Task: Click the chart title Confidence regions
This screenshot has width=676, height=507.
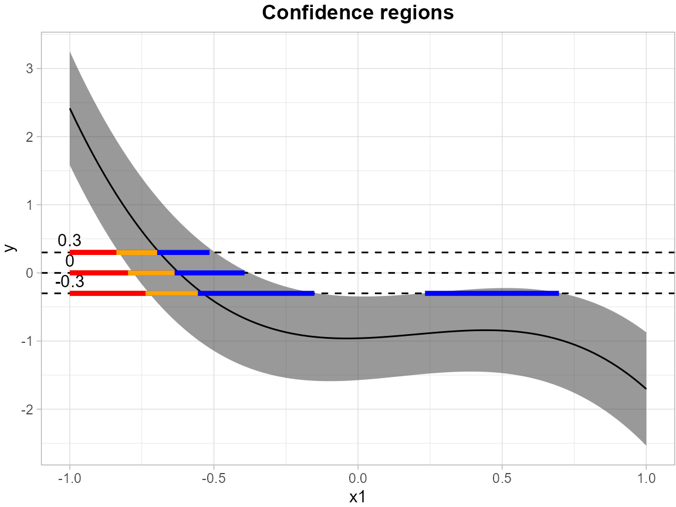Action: click(x=358, y=13)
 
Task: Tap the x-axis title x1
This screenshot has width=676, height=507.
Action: click(x=358, y=497)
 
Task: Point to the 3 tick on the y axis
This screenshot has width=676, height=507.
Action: click(x=29, y=69)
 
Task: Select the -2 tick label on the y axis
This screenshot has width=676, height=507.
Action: click(x=27, y=409)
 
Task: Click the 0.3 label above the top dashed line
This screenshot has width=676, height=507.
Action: click(x=69, y=240)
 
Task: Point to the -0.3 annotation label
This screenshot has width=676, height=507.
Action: click(x=69, y=282)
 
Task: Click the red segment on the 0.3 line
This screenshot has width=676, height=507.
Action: click(x=93, y=253)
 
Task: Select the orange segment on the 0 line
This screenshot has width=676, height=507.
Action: click(x=151, y=273)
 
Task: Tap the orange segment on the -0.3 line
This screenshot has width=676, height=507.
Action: click(x=171, y=293)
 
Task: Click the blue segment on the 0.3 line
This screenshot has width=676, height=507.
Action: click(x=183, y=253)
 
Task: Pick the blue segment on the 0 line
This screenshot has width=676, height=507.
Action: click(x=209, y=273)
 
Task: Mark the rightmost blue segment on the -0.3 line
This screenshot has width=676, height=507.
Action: click(x=492, y=293)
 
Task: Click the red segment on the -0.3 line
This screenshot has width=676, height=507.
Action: click(x=107, y=293)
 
